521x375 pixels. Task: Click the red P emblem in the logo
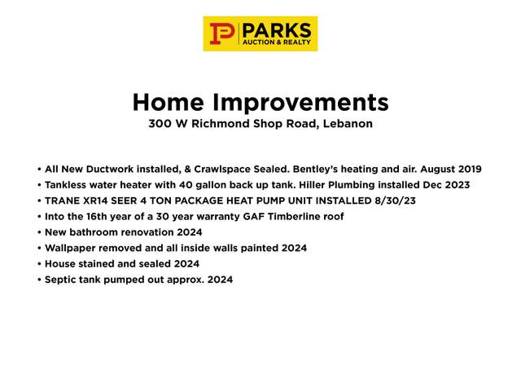[x=222, y=33]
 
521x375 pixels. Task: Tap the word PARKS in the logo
[x=277, y=31]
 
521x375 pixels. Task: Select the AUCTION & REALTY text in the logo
[x=277, y=42]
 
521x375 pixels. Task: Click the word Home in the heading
[x=169, y=102]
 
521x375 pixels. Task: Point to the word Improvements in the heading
[x=300, y=103]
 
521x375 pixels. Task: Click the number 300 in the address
[x=160, y=124]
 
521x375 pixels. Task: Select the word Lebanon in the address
[x=348, y=124]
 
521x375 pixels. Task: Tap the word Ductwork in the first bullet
[x=110, y=169]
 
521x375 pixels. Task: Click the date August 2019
[x=451, y=169]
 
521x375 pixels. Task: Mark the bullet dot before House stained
[x=40, y=264]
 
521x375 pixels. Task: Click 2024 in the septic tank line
[x=220, y=280]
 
